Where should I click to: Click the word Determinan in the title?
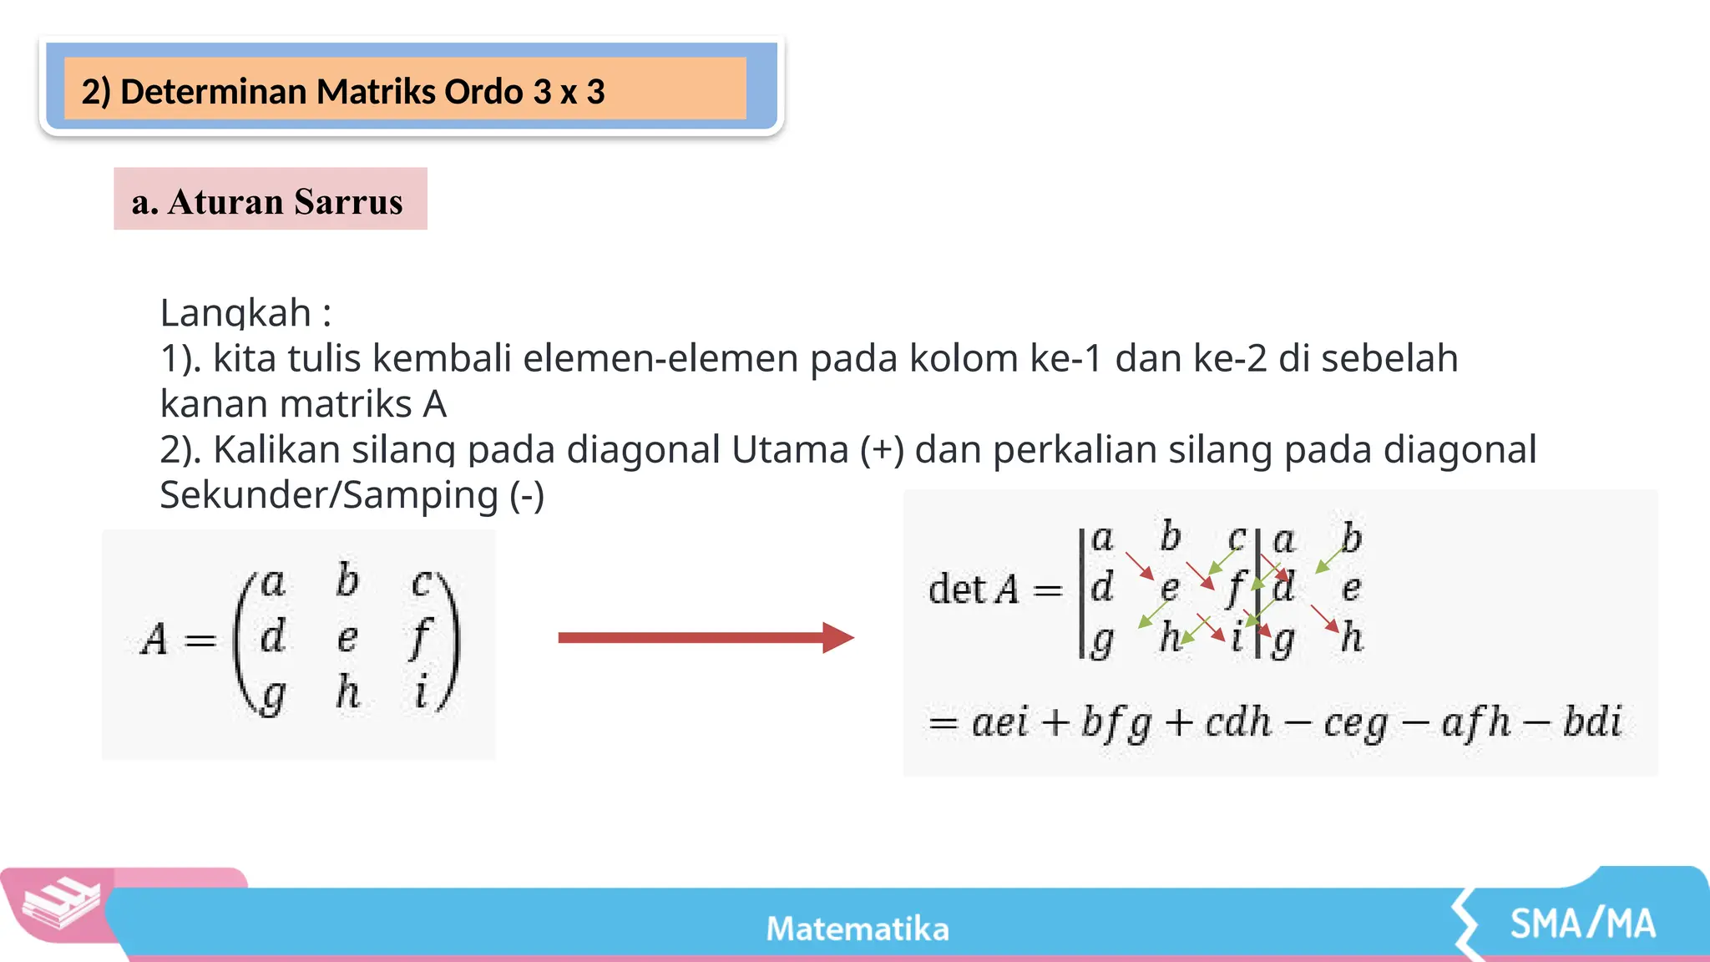[x=214, y=92]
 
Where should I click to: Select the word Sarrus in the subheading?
[x=348, y=202]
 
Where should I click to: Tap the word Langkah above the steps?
[x=235, y=313]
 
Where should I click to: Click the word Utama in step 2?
[x=789, y=449]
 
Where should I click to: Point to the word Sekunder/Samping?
[x=329, y=495]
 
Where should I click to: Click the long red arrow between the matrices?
[x=705, y=638]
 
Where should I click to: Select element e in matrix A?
[x=347, y=639]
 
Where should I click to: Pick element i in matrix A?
[x=422, y=692]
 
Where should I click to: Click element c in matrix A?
[x=422, y=582]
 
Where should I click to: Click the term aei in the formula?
[x=999, y=721]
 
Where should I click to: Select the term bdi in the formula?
[x=1592, y=721]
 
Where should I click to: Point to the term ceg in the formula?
[x=1354, y=723]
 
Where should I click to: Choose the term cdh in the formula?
[x=1238, y=721]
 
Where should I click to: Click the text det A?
[x=973, y=590]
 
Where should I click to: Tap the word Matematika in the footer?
[x=858, y=929]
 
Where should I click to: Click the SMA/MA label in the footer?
[x=1582, y=924]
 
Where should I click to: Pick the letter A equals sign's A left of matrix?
[x=154, y=640]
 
